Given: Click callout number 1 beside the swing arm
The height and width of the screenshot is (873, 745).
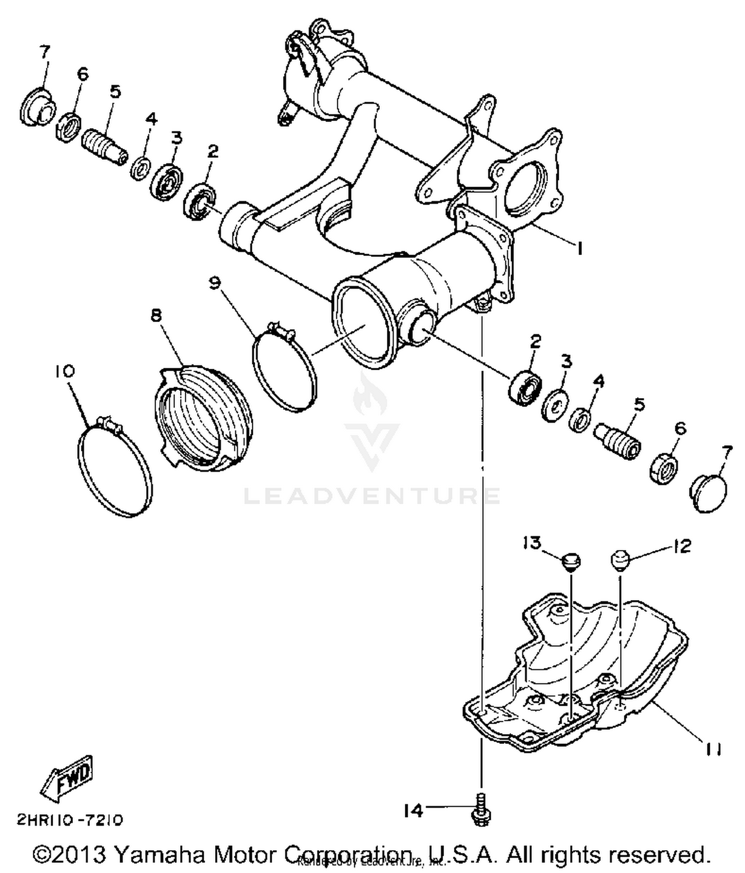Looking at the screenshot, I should pyautogui.click(x=579, y=248).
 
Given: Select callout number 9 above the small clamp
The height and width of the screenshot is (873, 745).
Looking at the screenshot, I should pyautogui.click(x=215, y=283).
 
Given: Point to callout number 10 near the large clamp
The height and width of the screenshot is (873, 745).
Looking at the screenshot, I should pyautogui.click(x=65, y=371).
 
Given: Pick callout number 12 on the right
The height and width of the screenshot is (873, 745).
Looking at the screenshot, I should pyautogui.click(x=682, y=546).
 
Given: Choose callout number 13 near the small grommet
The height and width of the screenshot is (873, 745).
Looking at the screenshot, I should pyautogui.click(x=531, y=543).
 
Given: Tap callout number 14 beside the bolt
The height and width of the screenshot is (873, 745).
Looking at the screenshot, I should pyautogui.click(x=413, y=811).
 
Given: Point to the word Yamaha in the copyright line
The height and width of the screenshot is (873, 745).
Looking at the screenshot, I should pyautogui.click(x=159, y=855).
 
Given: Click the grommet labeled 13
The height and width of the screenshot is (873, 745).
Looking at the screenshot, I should pyautogui.click(x=571, y=562).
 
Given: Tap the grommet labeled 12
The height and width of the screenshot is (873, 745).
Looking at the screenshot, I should pyautogui.click(x=620, y=560).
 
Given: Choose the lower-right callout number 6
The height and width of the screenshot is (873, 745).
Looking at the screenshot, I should pyautogui.click(x=680, y=428).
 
